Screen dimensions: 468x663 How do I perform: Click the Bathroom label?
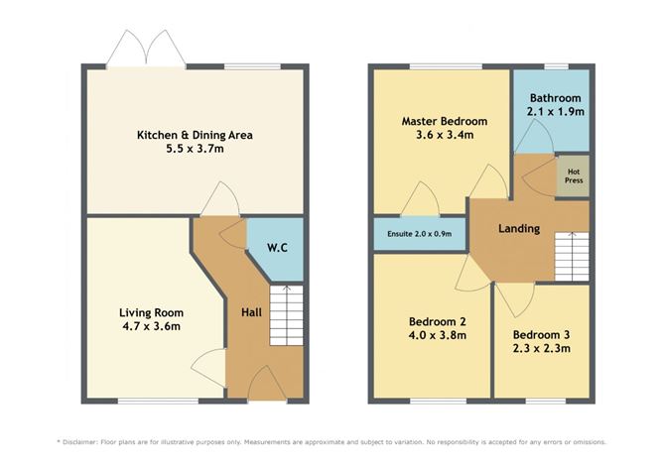pos(555,98)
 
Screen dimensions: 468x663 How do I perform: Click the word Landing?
pos(519,229)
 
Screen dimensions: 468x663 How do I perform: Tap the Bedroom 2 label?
pos(438,321)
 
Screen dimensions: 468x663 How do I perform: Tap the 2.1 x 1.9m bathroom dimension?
pos(555,113)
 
